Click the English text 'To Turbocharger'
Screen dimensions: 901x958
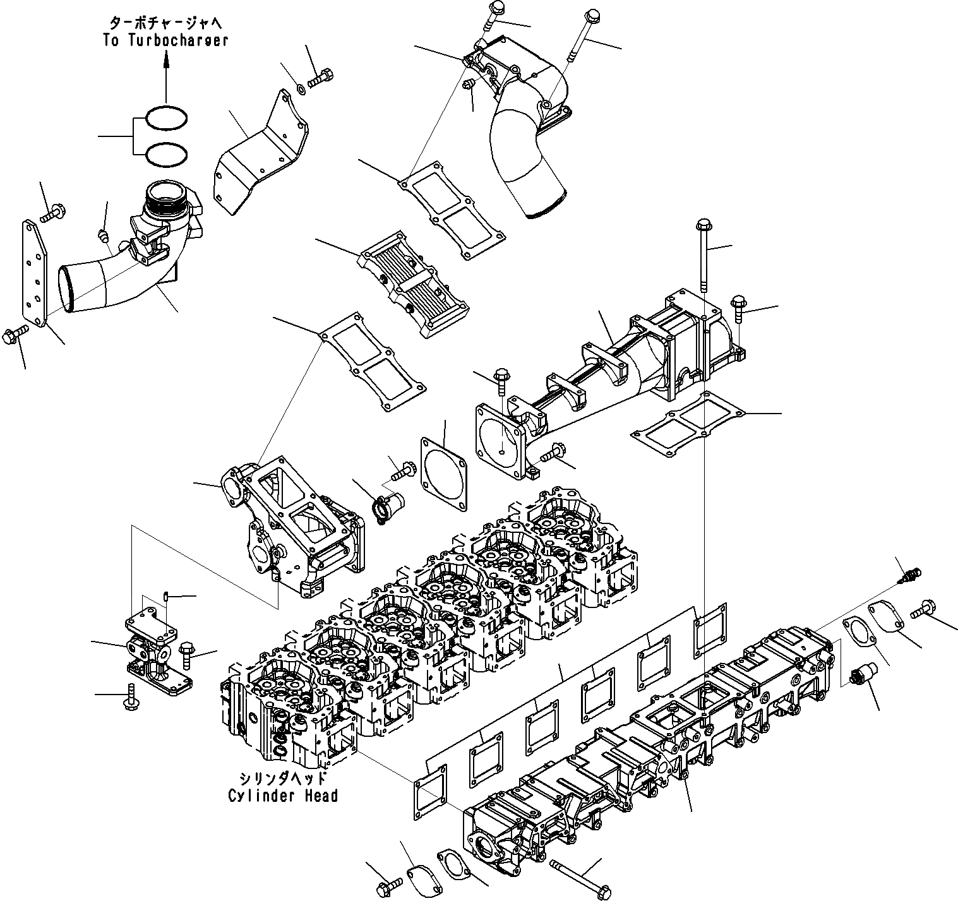click(x=165, y=40)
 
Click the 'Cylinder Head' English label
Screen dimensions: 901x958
click(x=283, y=795)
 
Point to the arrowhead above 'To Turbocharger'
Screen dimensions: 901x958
click(x=166, y=59)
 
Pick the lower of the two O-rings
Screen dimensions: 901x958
click(x=166, y=154)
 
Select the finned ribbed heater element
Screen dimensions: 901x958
click(x=414, y=284)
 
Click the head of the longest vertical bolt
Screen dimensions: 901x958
click(x=704, y=225)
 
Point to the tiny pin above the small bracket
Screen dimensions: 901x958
click(x=165, y=595)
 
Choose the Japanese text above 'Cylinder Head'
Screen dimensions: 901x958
click(x=283, y=778)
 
